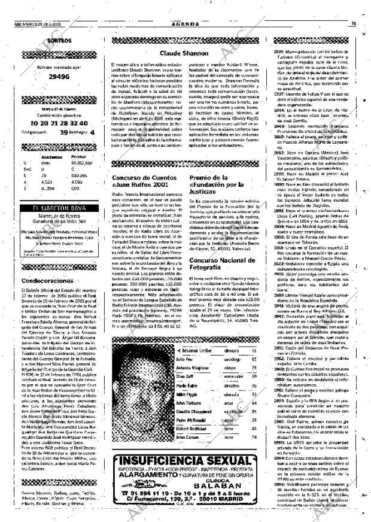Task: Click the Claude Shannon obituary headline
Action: coord(184,53)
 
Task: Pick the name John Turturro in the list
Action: coord(188,403)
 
